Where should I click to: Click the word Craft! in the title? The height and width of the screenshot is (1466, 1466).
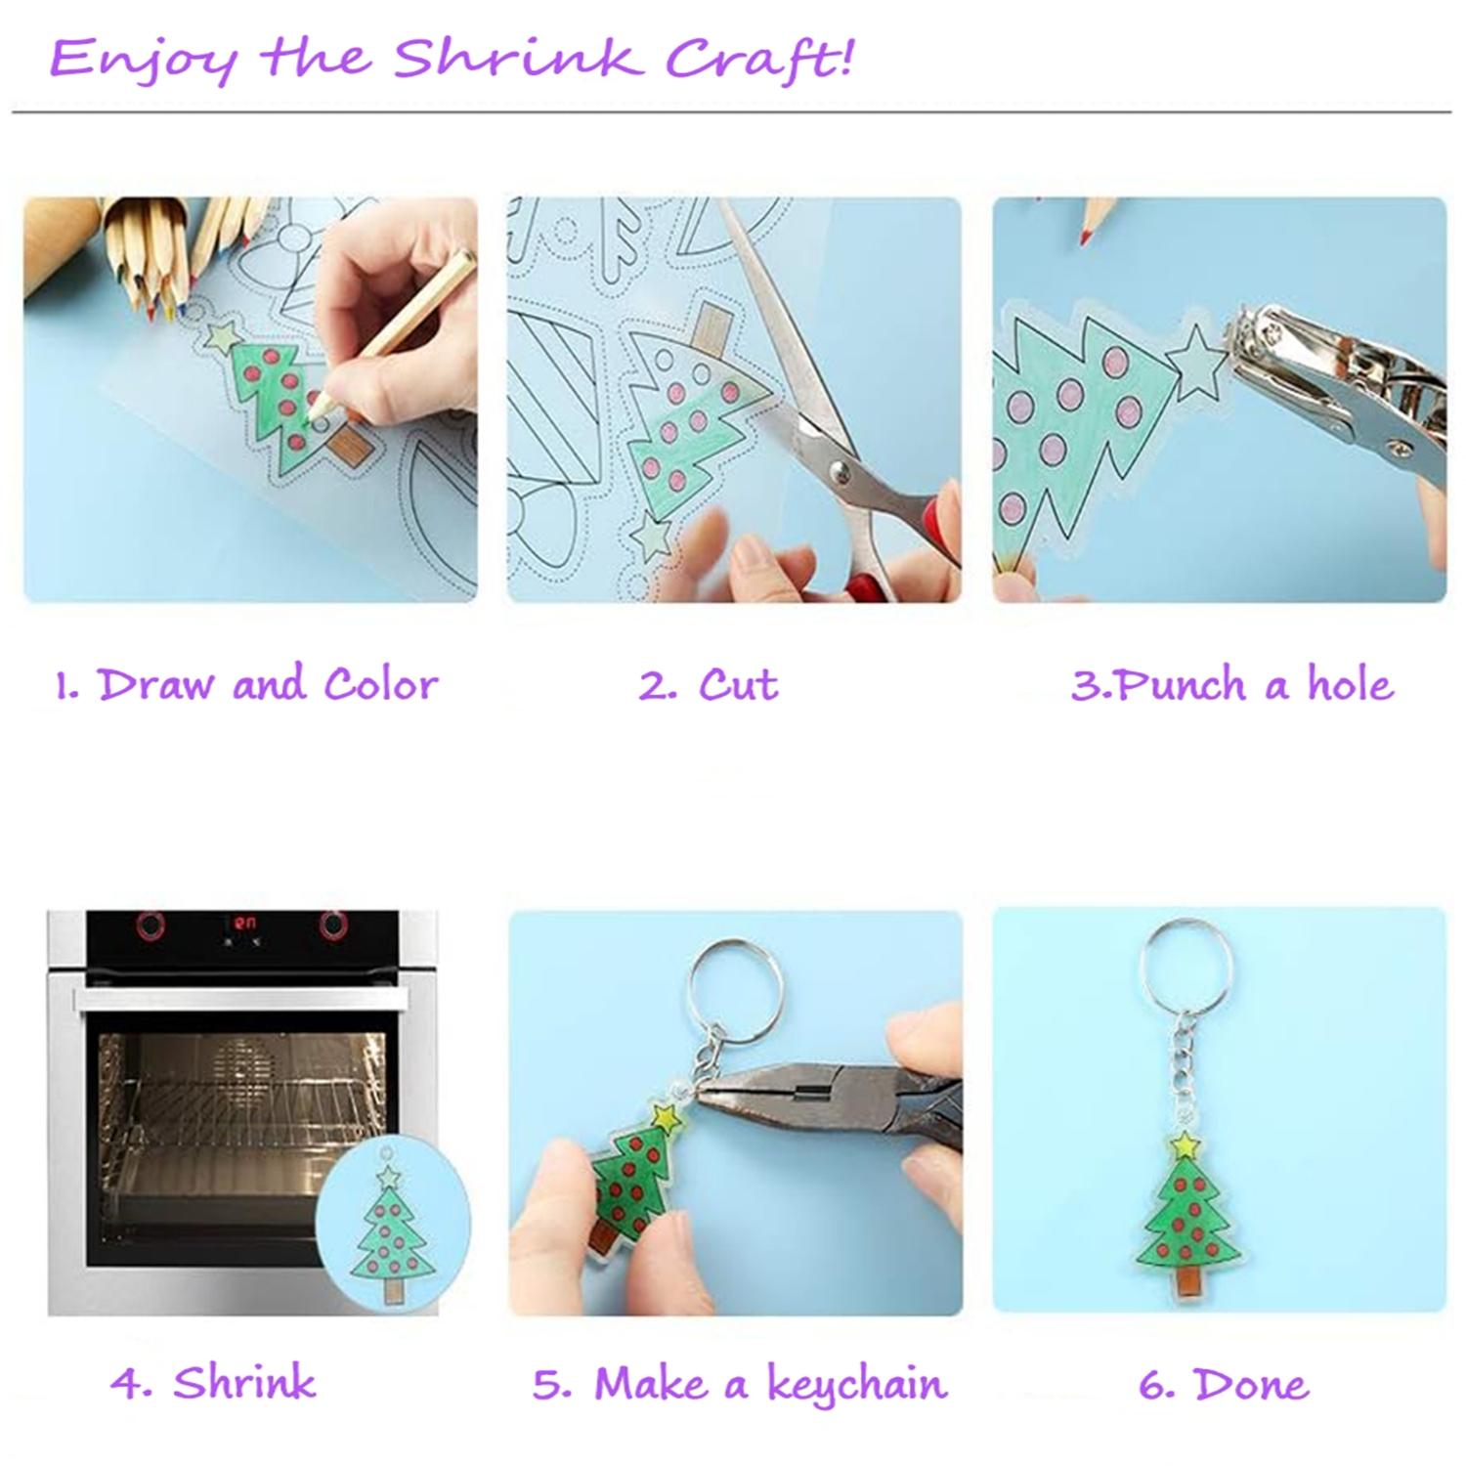pyautogui.click(x=759, y=59)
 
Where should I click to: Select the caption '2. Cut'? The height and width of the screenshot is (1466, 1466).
pyautogui.click(x=709, y=685)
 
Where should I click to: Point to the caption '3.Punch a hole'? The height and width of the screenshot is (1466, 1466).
pyautogui.click(x=1231, y=685)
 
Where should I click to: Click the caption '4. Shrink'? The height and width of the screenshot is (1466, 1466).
pyautogui.click(x=213, y=1383)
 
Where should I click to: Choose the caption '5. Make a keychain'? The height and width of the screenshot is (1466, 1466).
pyautogui.click(x=740, y=1384)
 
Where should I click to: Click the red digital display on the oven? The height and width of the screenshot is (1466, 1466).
pyautogui.click(x=243, y=922)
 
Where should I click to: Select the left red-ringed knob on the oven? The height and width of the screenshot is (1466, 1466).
pyautogui.click(x=149, y=924)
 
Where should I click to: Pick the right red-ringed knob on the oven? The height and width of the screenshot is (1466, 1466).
pyautogui.click(x=333, y=924)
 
